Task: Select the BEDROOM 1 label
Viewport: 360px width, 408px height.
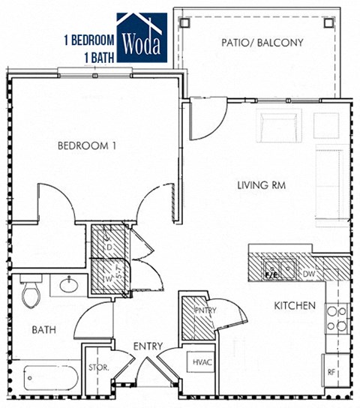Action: click(x=87, y=145)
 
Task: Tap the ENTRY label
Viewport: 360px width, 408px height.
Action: click(x=148, y=345)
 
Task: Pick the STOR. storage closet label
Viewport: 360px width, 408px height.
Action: click(x=98, y=368)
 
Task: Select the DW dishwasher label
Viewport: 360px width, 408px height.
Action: click(x=309, y=274)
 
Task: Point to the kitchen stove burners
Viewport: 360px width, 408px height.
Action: click(x=337, y=319)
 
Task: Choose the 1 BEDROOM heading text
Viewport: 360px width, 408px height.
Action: click(x=88, y=39)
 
